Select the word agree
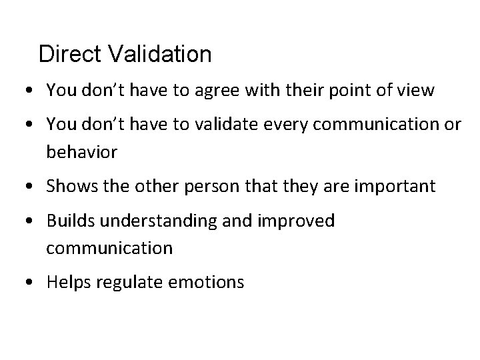coord(213,91)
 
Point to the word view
coord(417,90)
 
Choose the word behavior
coord(81,152)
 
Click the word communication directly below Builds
coord(109,249)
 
